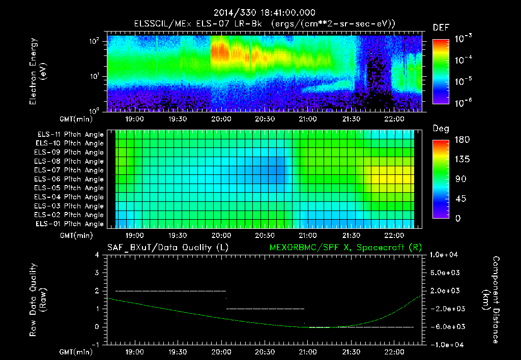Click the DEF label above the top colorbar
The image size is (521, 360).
[441, 27]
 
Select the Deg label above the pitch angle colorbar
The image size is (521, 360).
[441, 129]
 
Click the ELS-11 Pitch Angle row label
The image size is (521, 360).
[70, 135]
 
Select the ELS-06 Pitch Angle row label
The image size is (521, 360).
[70, 179]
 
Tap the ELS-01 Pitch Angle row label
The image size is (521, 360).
[70, 224]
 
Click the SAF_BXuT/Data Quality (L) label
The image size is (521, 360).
[167, 247]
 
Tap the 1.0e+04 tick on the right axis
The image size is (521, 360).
[446, 255]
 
